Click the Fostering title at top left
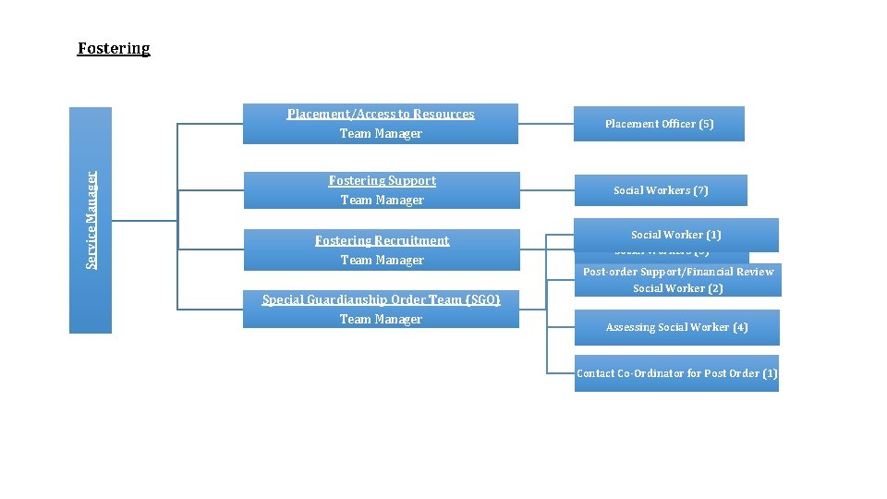coord(114,48)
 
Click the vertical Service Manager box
coord(91,220)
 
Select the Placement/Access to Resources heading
coord(381,114)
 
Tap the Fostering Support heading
coord(382,180)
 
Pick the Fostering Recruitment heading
coord(382,240)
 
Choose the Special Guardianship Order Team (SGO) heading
coord(381,299)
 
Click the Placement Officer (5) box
coord(659,124)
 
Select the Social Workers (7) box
coord(661,190)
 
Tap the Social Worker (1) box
coord(675,235)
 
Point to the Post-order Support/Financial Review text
coord(678,272)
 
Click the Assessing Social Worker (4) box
coord(676,327)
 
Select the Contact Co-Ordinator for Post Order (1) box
coord(676,373)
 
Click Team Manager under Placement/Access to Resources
coord(381,134)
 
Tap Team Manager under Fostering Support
coord(382,201)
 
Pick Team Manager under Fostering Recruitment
coord(382,261)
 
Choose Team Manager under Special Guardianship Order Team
coord(381,320)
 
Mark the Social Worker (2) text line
coord(678,288)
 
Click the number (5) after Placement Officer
coord(706,124)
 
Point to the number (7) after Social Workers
coord(700,190)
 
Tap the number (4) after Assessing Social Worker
coord(740,327)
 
